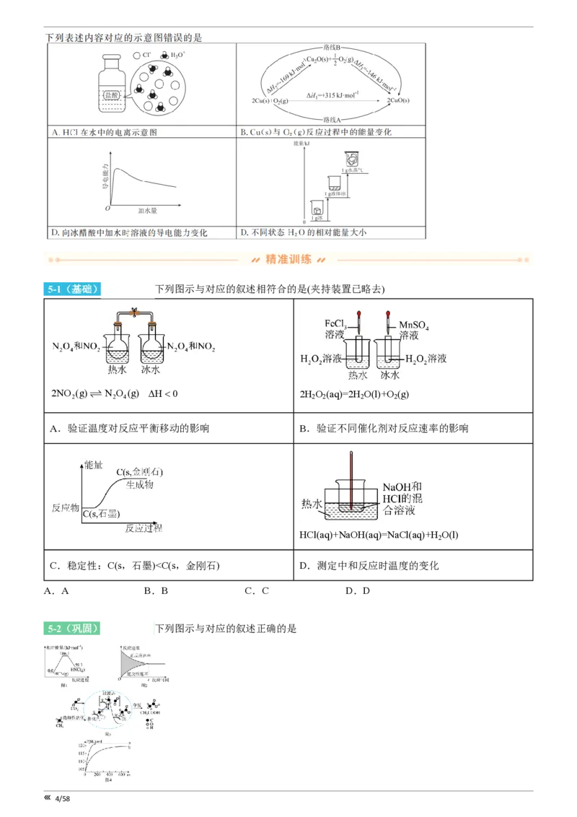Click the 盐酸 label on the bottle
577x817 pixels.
tap(111, 95)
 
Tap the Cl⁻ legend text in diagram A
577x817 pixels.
tap(146, 55)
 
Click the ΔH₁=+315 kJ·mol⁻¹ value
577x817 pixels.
tap(332, 95)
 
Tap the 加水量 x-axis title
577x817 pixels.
tap(147, 211)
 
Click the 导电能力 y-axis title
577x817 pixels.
tap(105, 176)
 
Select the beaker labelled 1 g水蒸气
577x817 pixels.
tap(351, 160)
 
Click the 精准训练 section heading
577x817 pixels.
tap(288, 260)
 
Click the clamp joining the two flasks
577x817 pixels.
tap(133, 313)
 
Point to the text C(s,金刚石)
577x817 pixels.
tap(141, 472)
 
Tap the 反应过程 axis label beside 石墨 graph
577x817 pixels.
tap(145, 528)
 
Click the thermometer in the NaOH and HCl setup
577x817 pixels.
tap(351, 479)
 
